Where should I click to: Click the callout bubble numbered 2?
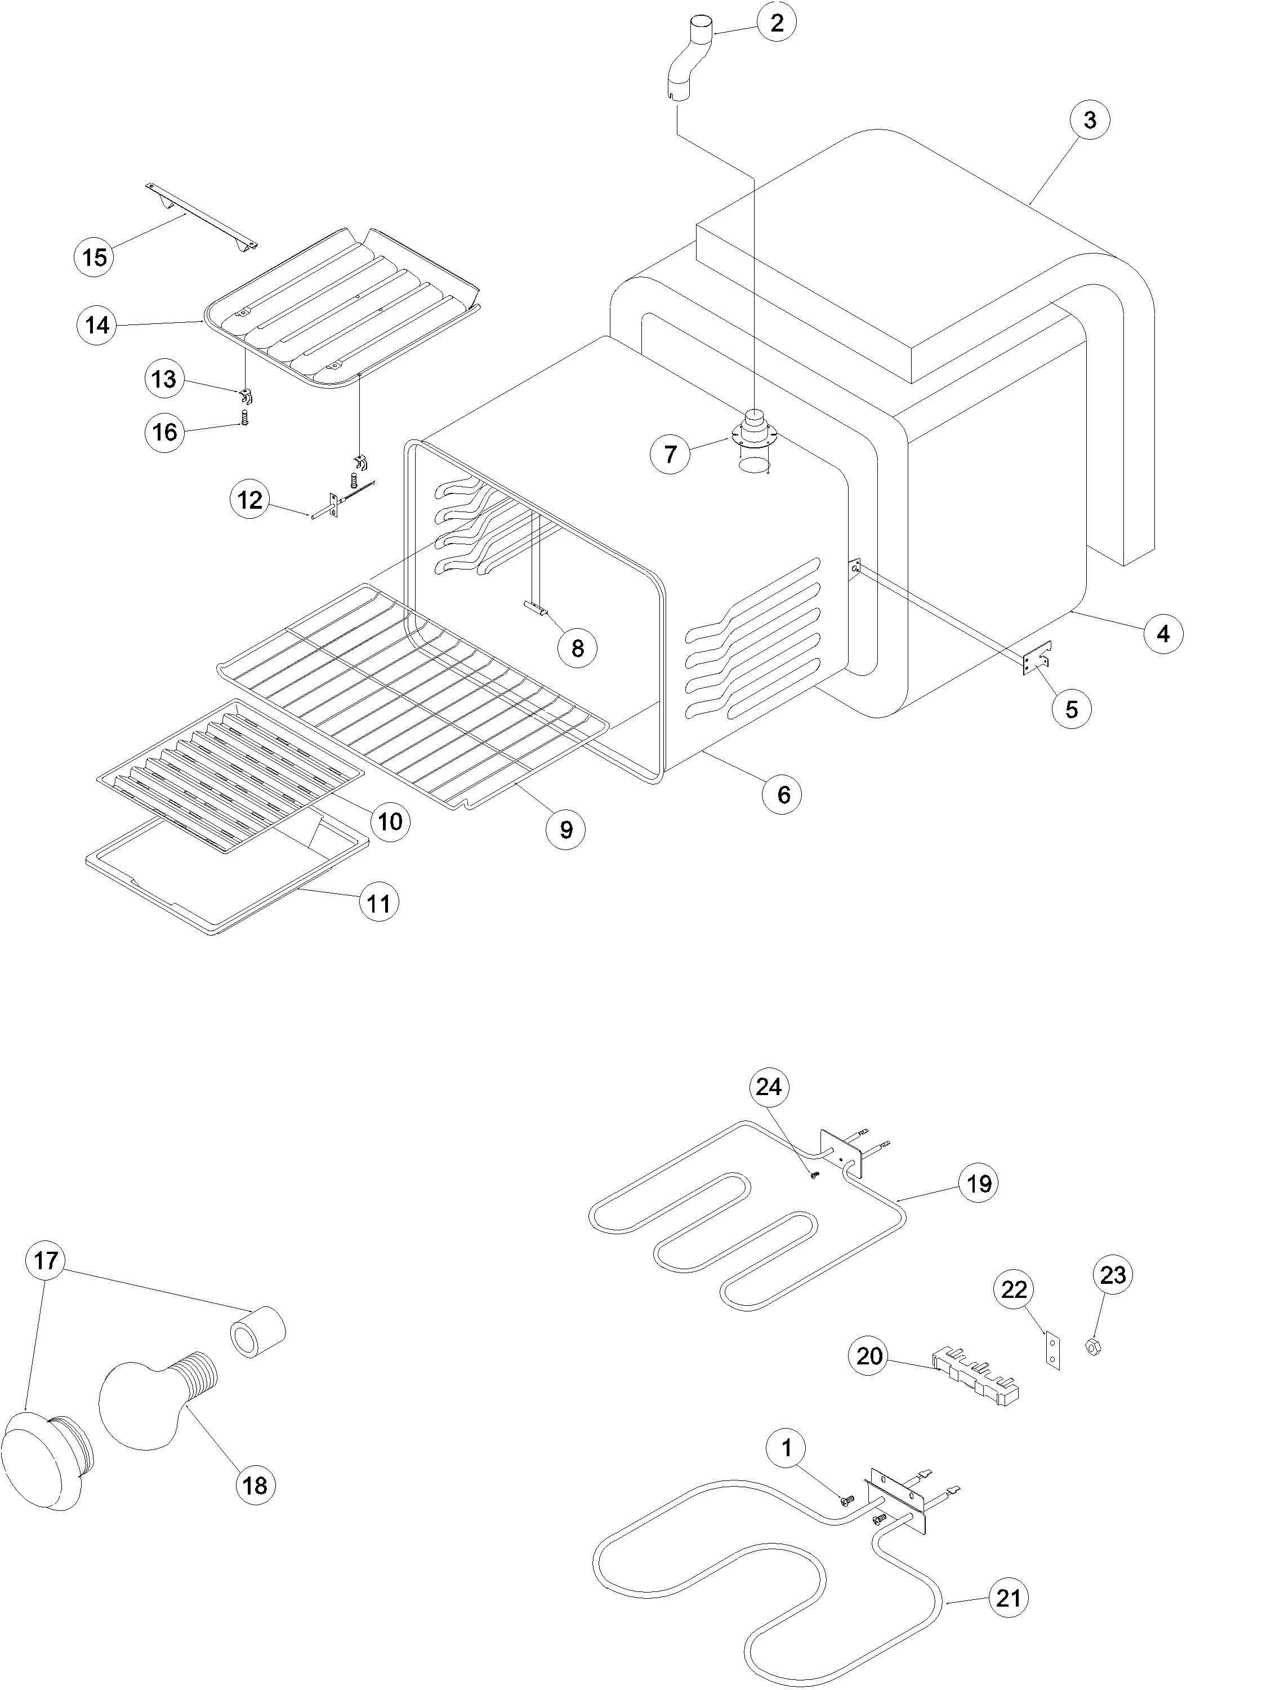click(777, 23)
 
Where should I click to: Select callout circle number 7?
click(670, 455)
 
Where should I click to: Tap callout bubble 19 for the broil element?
click(978, 1184)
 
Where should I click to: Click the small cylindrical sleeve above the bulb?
click(257, 1332)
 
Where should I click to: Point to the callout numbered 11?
click(379, 903)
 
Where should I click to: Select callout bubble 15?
click(95, 257)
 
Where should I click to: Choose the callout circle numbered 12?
click(249, 500)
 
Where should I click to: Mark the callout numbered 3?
click(1089, 120)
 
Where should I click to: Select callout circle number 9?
click(566, 830)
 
